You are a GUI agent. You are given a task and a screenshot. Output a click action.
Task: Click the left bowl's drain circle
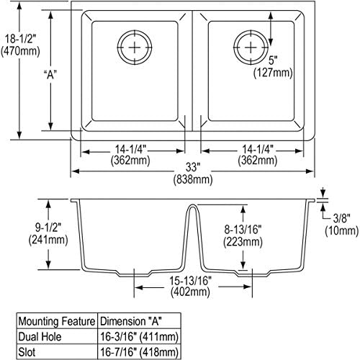coord(135,30)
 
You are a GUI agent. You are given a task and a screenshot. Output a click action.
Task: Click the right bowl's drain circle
coord(251,30)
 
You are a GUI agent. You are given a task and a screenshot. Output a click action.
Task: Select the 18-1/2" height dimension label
coord(20,39)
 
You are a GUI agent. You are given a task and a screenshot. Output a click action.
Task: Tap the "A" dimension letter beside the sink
coord(50,75)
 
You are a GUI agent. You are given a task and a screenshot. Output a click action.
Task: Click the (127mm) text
coord(273,73)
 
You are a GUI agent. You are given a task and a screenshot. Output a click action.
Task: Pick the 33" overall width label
coord(193,167)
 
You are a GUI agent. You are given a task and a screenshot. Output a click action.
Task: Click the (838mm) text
coord(193,179)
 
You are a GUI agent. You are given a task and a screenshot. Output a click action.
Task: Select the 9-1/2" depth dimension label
coord(48,227)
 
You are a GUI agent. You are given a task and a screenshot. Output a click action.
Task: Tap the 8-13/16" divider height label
coord(243,230)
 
